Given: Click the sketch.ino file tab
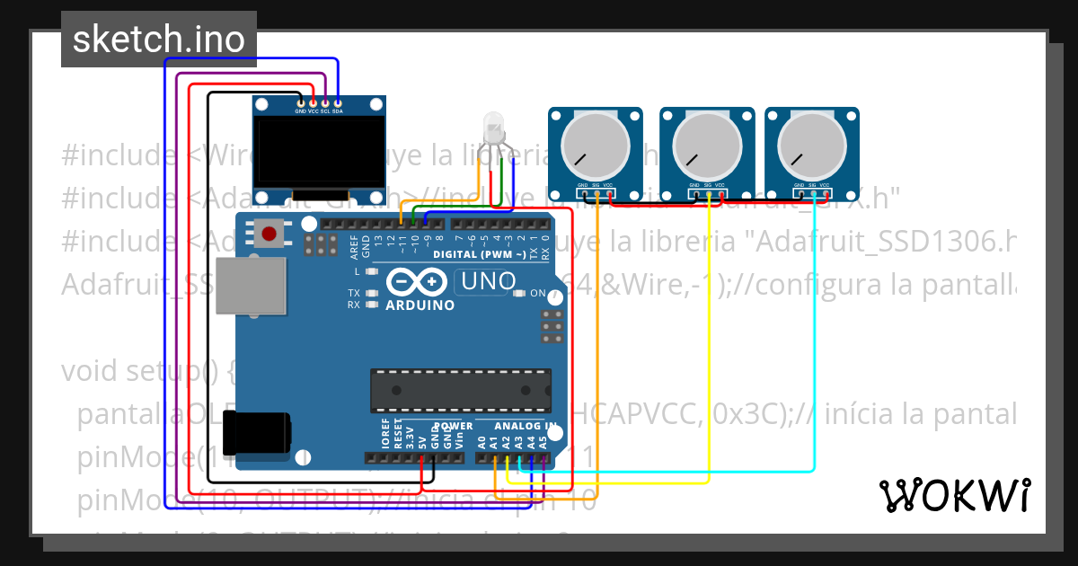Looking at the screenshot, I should click(158, 40).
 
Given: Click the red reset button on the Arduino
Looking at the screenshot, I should click(268, 234).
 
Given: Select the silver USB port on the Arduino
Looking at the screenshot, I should click(252, 286).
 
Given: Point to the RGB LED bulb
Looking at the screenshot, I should click(493, 127).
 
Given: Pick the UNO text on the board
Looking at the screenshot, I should click(488, 282).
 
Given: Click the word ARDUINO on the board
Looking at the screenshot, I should click(420, 305).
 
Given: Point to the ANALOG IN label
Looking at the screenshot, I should click(526, 425).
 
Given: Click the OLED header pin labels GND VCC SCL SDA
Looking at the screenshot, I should click(319, 111).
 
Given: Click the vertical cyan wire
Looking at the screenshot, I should click(814, 332).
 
